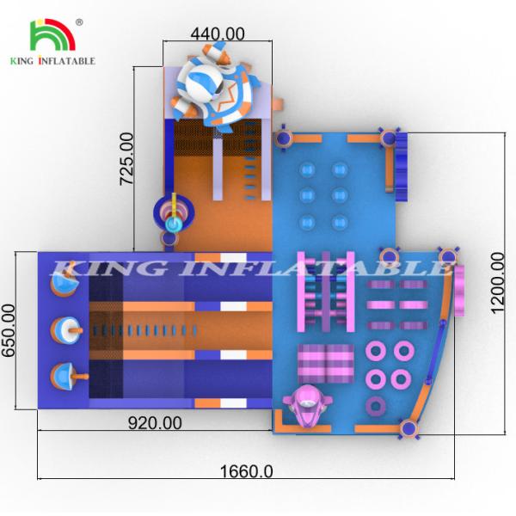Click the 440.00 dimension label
coord(217,34)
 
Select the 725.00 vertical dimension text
coord(126,159)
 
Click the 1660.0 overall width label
coord(244,471)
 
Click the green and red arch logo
coord(52,35)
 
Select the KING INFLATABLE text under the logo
coord(52,62)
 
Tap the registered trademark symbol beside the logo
coord(80,21)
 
